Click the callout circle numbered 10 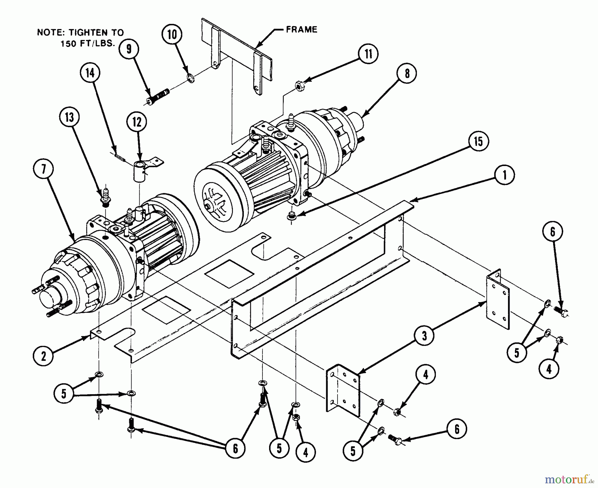pyautogui.click(x=172, y=34)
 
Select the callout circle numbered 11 pyautogui.click(x=368, y=54)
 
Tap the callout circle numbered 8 pyautogui.click(x=407, y=73)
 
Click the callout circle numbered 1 pyautogui.click(x=504, y=175)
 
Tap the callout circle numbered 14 pyautogui.click(x=90, y=73)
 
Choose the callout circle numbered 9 pyautogui.click(x=129, y=49)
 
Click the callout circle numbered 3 pyautogui.click(x=424, y=336)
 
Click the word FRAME pyautogui.click(x=301, y=30)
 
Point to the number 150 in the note pyautogui.click(x=69, y=44)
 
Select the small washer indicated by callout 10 pyautogui.click(x=191, y=79)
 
